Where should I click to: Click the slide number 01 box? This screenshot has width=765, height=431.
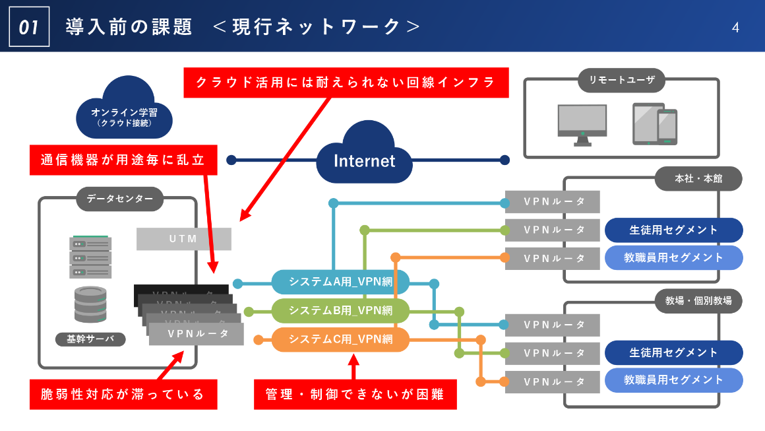point(30,27)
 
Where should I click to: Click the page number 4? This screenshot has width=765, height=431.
point(735,28)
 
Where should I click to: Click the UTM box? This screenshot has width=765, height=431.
point(183,239)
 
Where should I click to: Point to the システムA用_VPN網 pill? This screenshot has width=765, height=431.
point(340,282)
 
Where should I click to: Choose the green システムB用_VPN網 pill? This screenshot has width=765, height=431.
point(340,311)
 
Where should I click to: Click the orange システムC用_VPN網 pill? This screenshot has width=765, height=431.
point(340,340)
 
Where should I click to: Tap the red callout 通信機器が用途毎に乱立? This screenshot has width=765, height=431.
point(123,160)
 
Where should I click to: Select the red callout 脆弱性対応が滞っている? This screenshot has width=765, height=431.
point(123,395)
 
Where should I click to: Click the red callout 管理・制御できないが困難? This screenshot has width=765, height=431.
point(355,395)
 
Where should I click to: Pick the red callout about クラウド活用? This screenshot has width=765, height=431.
point(346,83)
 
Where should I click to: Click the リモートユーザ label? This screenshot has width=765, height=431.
point(621,80)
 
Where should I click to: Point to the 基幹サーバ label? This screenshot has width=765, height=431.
point(90,339)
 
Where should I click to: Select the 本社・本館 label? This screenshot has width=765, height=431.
point(698,178)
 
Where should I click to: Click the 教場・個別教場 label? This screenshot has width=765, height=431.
point(698,300)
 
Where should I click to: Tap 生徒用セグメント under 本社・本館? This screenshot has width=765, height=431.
point(673,230)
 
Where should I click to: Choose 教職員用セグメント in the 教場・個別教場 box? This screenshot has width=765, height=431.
point(673,380)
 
